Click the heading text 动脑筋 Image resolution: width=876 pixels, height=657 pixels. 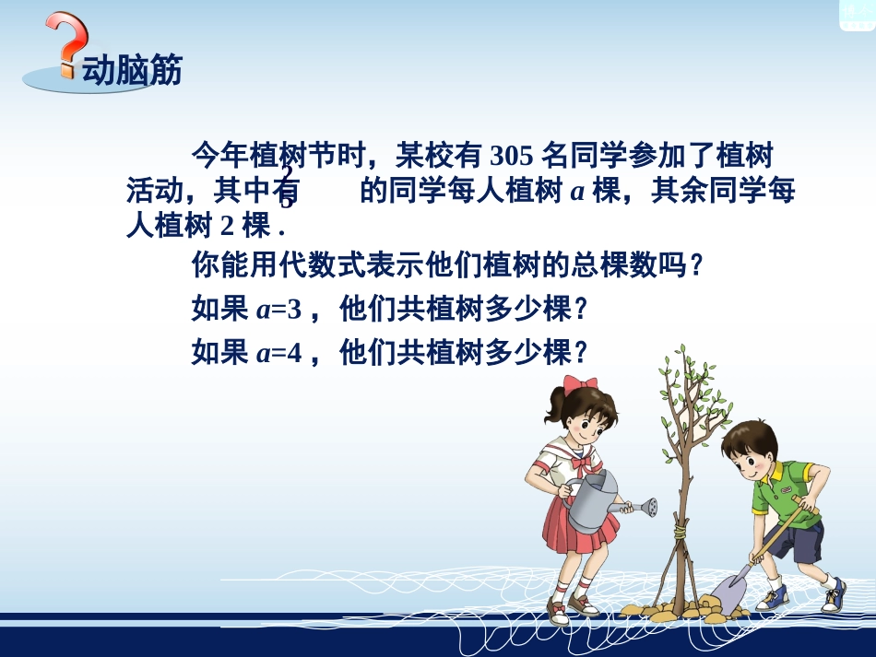132,71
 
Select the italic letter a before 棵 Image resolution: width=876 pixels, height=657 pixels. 578,192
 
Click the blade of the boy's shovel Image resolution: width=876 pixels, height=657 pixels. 728,592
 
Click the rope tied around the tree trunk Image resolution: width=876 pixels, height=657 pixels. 681,532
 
